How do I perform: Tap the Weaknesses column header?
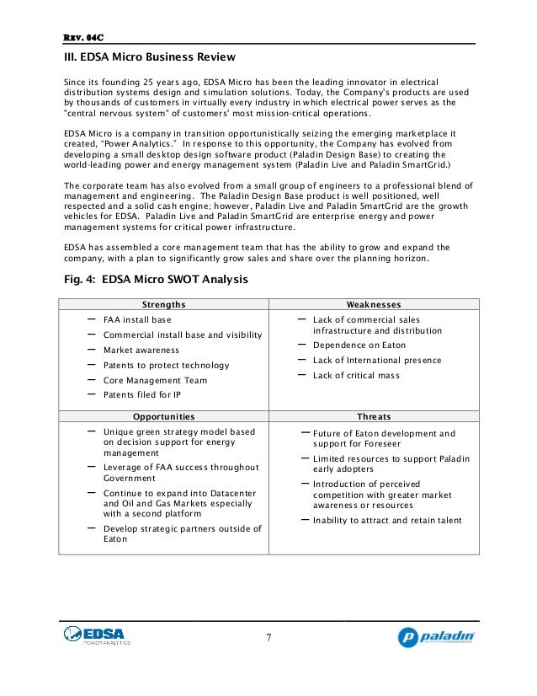tap(374, 304)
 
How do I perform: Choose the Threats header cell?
tap(374, 416)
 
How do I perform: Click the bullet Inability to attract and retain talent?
tap(387, 520)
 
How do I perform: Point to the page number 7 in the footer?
tap(268, 637)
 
